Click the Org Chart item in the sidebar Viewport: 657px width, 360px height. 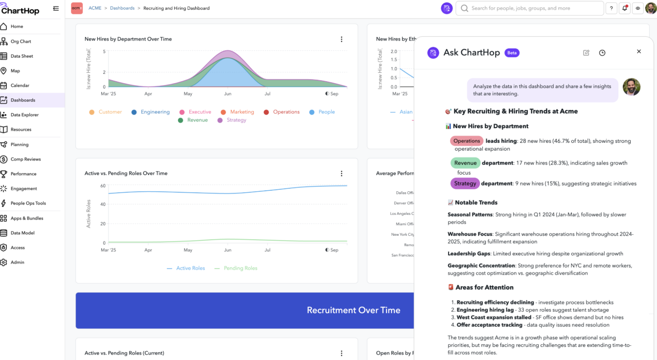click(x=21, y=42)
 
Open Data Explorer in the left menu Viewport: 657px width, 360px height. click(x=24, y=115)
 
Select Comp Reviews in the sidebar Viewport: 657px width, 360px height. click(x=25, y=159)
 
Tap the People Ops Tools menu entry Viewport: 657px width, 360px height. click(x=28, y=203)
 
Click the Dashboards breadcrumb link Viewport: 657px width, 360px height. click(x=122, y=8)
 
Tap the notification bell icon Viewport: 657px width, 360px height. click(x=625, y=8)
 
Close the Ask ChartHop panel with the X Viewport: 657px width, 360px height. click(x=638, y=51)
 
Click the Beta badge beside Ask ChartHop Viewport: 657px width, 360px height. click(x=512, y=53)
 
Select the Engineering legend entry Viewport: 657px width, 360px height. click(x=155, y=112)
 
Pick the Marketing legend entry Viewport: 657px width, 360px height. click(x=242, y=112)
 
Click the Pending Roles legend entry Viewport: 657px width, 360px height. click(x=240, y=268)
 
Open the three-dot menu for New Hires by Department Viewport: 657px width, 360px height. click(x=341, y=39)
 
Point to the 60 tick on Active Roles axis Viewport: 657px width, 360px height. click(x=103, y=186)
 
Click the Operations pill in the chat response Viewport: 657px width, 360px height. click(x=466, y=141)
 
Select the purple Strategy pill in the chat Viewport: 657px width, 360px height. click(x=465, y=183)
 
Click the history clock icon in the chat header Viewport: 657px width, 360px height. click(x=602, y=53)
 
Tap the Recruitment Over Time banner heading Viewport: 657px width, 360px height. click(x=353, y=310)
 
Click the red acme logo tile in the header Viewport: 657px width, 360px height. click(x=77, y=8)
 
